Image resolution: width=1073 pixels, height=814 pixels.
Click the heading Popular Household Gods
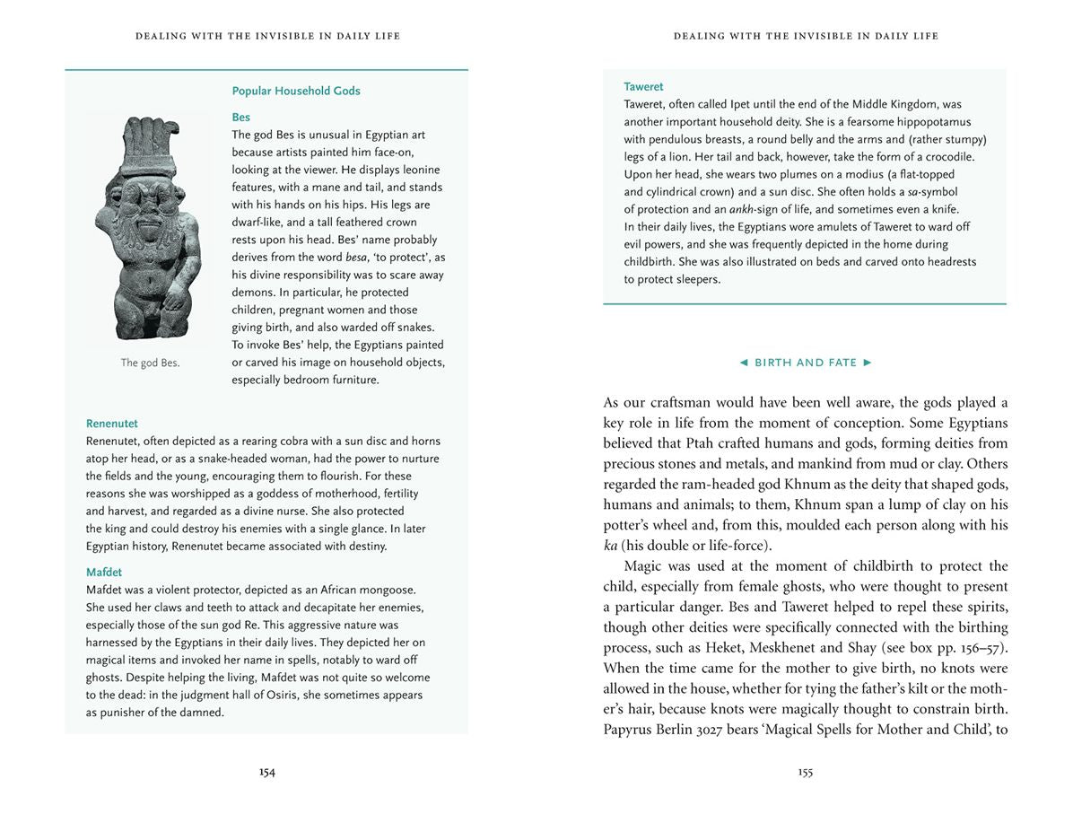(296, 91)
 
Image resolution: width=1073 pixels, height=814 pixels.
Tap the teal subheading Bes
(240, 118)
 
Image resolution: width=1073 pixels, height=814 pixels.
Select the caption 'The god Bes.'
(150, 363)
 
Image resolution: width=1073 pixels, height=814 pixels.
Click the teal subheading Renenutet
(112, 424)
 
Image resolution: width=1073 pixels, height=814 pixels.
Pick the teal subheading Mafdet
(104, 573)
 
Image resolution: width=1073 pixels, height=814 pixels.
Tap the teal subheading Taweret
(643, 87)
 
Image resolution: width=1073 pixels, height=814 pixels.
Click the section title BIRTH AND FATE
(806, 363)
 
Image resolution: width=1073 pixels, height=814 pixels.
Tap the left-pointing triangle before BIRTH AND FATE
(743, 363)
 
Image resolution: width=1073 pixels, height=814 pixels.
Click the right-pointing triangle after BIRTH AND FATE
(867, 363)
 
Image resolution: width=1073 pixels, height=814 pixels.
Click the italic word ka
(610, 546)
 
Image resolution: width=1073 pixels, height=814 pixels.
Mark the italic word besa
(357, 258)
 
